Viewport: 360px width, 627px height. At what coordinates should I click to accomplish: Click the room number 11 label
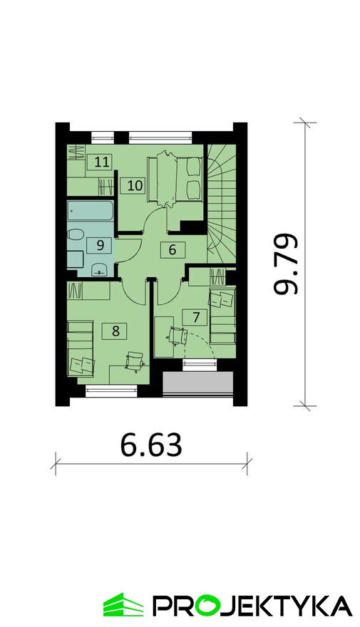[102, 162]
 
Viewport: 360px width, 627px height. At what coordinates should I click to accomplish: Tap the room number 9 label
[100, 244]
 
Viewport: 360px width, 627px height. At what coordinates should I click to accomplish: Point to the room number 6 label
[173, 250]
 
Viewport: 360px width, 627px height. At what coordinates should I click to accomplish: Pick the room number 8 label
[115, 331]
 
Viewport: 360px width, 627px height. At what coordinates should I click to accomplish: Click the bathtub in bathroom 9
[91, 211]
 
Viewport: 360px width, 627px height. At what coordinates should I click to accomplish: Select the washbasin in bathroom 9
[99, 269]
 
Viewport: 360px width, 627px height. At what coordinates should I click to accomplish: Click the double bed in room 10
[175, 178]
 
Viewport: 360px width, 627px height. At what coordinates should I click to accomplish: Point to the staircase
[221, 204]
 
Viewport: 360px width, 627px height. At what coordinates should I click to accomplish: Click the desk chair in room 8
[135, 361]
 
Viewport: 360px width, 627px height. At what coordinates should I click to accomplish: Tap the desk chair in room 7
[178, 336]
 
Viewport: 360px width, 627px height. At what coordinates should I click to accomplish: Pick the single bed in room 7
[222, 316]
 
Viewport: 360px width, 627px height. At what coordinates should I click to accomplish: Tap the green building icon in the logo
[123, 605]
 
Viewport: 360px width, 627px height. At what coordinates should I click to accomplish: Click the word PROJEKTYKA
[254, 606]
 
